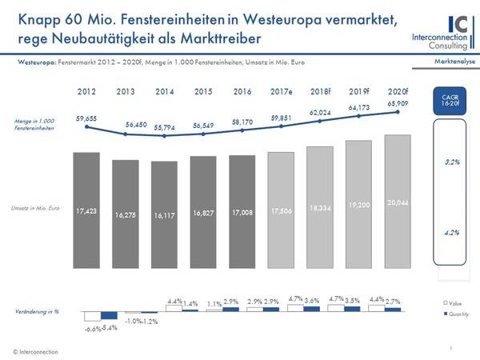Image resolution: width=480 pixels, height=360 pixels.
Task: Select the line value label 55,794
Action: click(164, 128)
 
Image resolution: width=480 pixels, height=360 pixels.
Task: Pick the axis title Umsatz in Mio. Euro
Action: click(34, 207)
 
